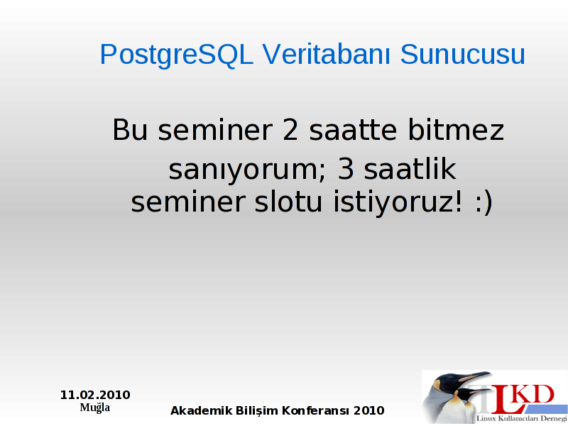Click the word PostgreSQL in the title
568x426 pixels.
point(176,55)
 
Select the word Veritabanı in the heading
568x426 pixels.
point(327,54)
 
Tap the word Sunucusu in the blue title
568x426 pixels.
point(463,55)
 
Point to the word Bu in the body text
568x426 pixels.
point(130,129)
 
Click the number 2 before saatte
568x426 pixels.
point(290,129)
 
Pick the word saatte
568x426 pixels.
point(353,130)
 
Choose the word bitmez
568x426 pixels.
point(456,129)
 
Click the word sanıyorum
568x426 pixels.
point(247,170)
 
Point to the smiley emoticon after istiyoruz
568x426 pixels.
point(484,203)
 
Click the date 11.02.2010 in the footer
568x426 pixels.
point(95,395)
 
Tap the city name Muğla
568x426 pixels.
point(95,408)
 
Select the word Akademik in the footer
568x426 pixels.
point(202,410)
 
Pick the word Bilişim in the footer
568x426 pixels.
point(257,411)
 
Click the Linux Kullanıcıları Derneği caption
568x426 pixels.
point(522,418)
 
